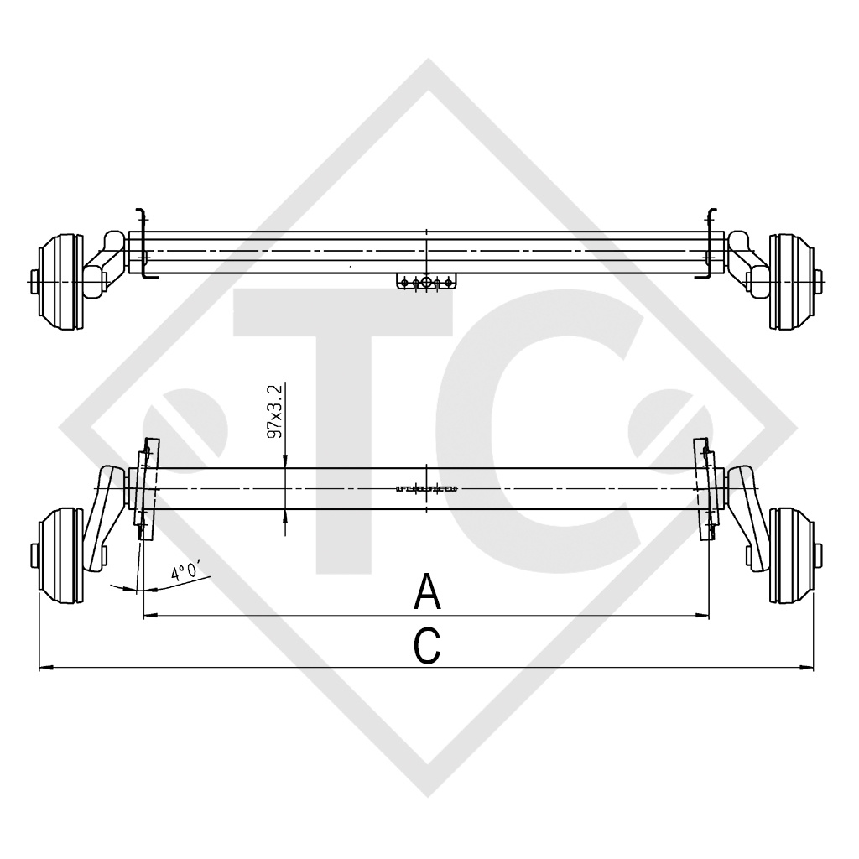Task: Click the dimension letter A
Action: pos(428,593)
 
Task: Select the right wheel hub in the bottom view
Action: pos(793,555)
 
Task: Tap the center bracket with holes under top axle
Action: pos(426,283)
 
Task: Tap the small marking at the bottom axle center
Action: pos(426,488)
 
